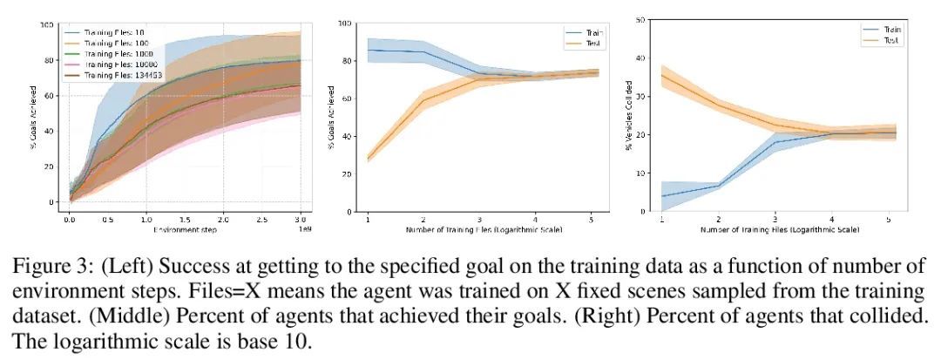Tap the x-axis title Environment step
185,231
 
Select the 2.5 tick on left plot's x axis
261,221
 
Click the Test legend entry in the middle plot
595,43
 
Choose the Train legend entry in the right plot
890,30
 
